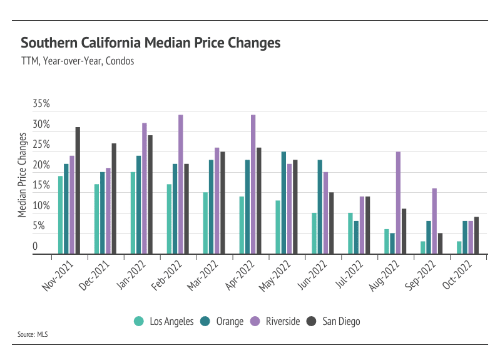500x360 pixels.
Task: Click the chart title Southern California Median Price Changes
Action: click(x=150, y=43)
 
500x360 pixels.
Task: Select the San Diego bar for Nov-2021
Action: click(x=78, y=191)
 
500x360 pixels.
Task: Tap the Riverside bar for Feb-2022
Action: click(x=181, y=185)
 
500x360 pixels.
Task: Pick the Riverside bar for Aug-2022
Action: click(x=398, y=203)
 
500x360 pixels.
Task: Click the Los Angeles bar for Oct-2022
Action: click(x=459, y=248)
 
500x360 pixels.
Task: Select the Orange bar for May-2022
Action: click(x=283, y=203)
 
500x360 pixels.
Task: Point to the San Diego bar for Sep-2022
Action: click(x=441, y=244)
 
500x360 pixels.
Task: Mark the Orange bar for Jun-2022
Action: click(x=320, y=207)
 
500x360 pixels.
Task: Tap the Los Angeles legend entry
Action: click(x=165, y=322)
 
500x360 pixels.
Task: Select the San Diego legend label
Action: click(x=341, y=322)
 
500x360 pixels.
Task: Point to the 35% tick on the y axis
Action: click(x=41, y=104)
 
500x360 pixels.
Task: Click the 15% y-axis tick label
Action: click(x=41, y=185)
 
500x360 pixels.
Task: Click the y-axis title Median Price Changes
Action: click(x=23, y=175)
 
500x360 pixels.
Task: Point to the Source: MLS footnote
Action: click(x=32, y=334)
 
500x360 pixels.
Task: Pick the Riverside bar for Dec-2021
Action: click(x=108, y=212)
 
